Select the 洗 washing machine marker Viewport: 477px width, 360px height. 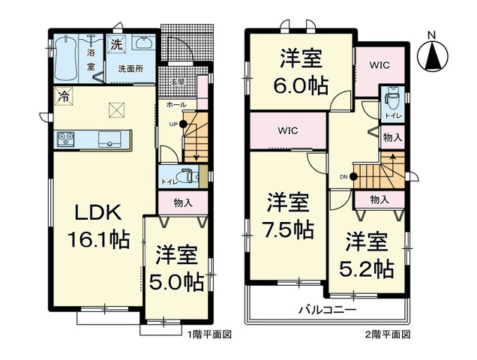[x=116, y=44]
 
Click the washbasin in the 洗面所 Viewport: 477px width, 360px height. [x=143, y=44]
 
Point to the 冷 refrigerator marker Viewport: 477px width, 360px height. [x=64, y=96]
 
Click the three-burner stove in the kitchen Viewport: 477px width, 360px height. [x=64, y=139]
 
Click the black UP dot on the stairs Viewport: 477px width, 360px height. [x=183, y=124]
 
